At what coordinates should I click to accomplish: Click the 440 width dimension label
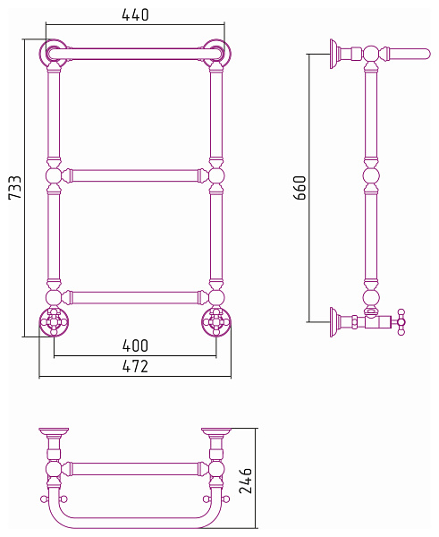[135, 14]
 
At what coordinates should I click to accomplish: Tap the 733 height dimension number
[15, 187]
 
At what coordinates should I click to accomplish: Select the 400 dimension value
[135, 345]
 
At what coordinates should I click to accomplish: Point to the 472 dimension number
[135, 366]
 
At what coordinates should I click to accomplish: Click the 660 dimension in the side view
[300, 187]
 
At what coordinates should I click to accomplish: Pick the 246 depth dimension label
[245, 481]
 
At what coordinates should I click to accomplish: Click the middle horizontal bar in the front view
[135, 175]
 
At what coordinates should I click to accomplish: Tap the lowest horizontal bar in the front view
[135, 298]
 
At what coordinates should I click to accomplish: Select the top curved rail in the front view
[135, 54]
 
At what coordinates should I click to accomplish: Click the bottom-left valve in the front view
[54, 322]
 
